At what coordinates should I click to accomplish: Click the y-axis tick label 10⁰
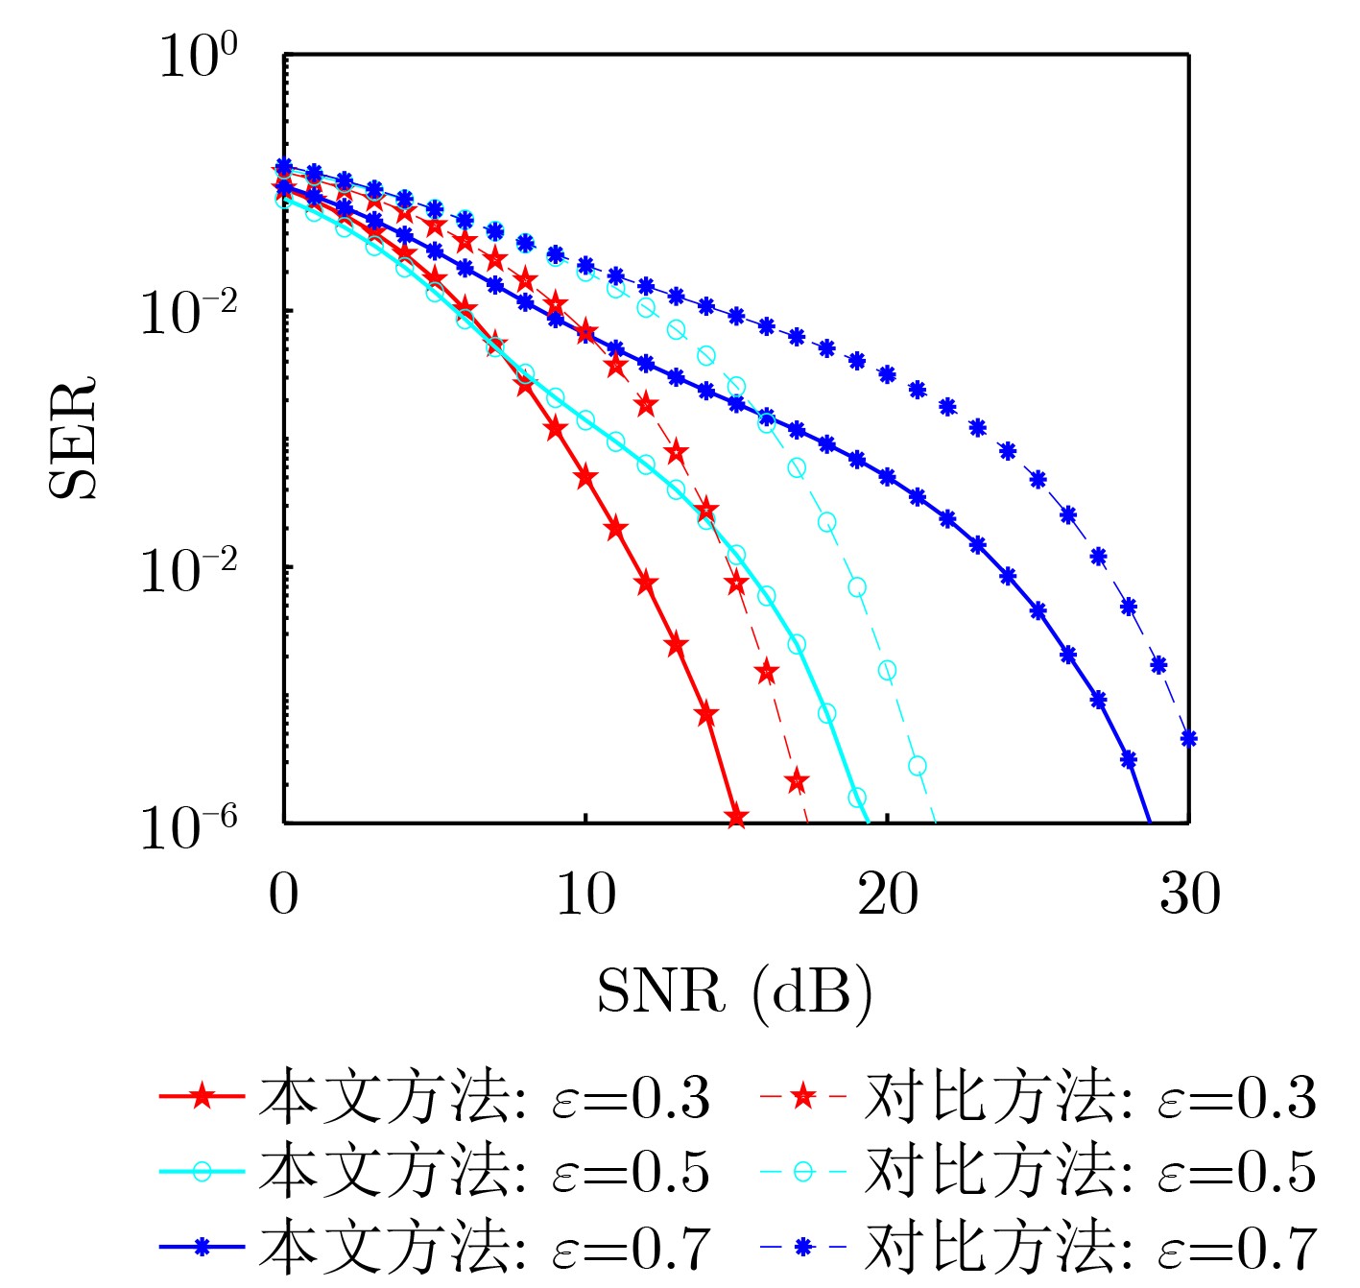pos(198,57)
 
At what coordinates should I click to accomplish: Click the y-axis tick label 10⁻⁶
pos(189,826)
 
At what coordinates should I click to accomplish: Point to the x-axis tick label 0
pos(283,894)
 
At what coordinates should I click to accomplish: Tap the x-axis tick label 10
pos(585,894)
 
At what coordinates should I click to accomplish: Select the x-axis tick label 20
pos(888,894)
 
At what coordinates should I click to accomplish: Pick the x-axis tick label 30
pos(1190,894)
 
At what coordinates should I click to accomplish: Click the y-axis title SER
pos(74,438)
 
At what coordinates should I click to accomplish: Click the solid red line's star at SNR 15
pos(736,818)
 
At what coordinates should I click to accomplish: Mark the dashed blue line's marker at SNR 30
pos(1188,738)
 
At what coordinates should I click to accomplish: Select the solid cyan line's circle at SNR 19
pos(857,798)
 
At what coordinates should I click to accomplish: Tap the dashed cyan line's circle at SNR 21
pos(918,766)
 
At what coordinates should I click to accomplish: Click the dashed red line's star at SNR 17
pos(797,781)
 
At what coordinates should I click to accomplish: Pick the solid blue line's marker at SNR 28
pos(1129,759)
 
